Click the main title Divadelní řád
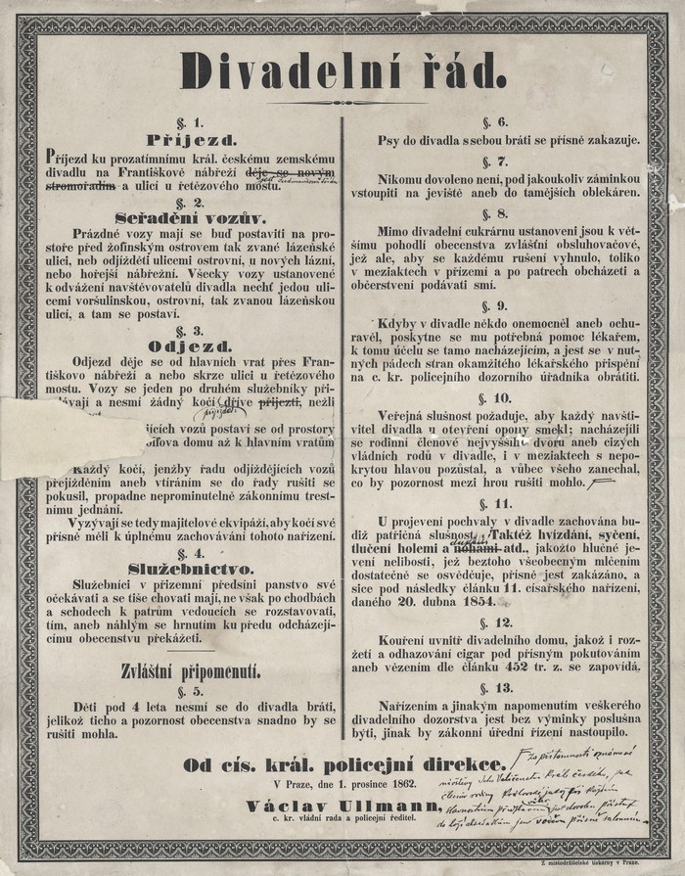coord(342,70)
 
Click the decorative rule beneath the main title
coord(343,102)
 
